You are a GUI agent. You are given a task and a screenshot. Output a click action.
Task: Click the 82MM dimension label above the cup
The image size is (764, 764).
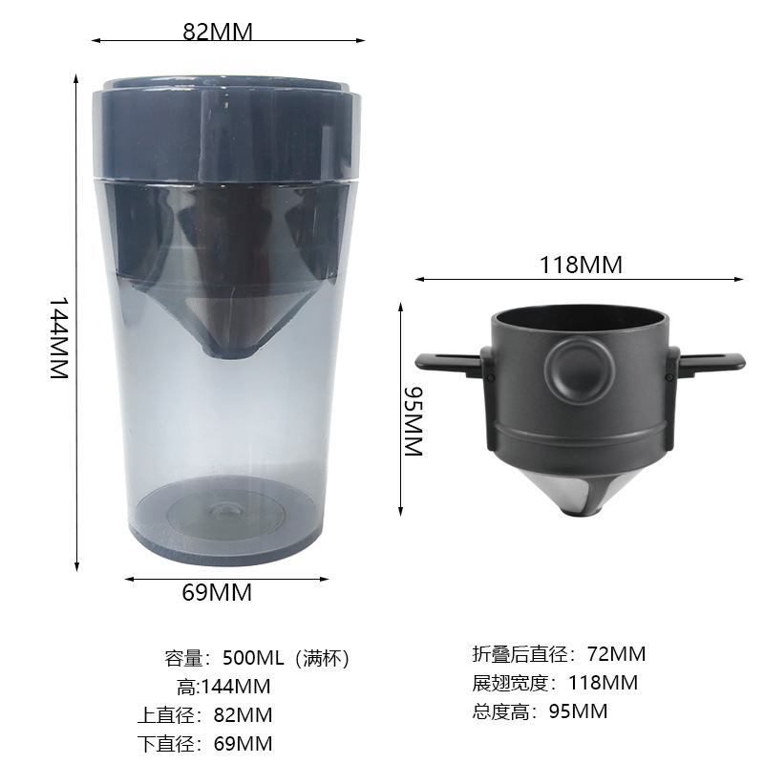[x=218, y=32]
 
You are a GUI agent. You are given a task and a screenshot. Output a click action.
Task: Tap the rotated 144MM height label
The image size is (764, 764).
[x=60, y=338]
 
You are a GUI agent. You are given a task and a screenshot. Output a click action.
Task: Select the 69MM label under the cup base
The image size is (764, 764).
[x=217, y=592]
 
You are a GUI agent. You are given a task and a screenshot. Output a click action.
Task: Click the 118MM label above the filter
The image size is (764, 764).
[x=580, y=265]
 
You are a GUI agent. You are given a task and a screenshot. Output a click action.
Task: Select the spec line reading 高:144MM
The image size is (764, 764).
[x=223, y=686]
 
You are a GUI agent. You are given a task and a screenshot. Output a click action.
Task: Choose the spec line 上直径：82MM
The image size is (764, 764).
[x=204, y=714]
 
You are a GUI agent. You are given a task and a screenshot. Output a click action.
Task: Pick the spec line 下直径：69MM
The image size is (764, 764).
[x=204, y=743]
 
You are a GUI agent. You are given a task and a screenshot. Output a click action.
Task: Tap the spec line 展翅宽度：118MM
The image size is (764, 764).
[x=555, y=683]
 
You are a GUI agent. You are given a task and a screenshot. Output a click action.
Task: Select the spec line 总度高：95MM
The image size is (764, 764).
[x=540, y=711]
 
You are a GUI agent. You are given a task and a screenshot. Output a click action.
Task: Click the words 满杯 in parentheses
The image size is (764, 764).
[x=323, y=658]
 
